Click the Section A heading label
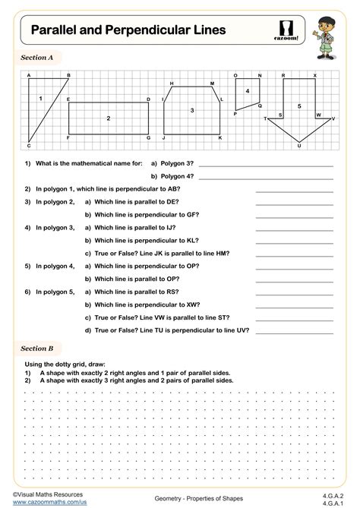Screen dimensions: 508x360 (37, 57)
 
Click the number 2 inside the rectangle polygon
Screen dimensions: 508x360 (109, 118)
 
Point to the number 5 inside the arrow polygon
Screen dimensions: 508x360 (299, 106)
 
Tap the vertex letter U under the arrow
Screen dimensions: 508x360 (299, 146)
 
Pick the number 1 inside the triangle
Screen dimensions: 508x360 (40, 99)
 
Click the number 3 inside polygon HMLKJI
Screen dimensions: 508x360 (192, 110)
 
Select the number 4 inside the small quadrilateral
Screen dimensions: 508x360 (247, 91)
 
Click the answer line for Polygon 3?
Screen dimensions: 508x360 (265, 165)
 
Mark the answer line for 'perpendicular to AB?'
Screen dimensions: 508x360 (294, 190)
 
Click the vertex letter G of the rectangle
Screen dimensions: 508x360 (149, 138)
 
